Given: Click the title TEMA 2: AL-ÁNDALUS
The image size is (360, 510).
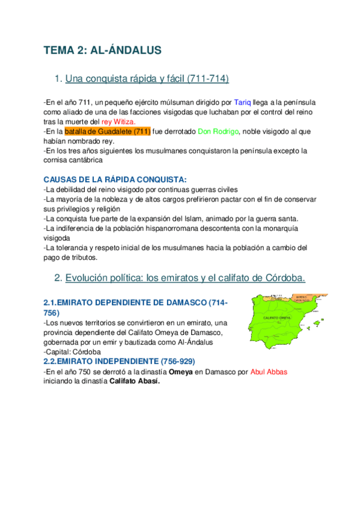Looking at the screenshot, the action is (x=102, y=51).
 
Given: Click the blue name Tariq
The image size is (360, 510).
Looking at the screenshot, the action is (x=242, y=103).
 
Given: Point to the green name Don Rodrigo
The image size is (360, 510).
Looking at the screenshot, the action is (x=218, y=132).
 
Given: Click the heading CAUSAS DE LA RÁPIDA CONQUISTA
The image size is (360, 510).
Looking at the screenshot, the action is (x=115, y=180).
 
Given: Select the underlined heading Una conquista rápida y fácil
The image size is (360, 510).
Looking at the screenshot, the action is (x=147, y=79).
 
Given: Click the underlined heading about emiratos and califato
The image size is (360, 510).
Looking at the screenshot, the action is (x=185, y=277).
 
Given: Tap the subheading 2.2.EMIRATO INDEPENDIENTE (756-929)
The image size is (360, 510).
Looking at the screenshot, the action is (x=119, y=361).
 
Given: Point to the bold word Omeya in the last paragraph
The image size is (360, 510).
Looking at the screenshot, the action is (x=178, y=372).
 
